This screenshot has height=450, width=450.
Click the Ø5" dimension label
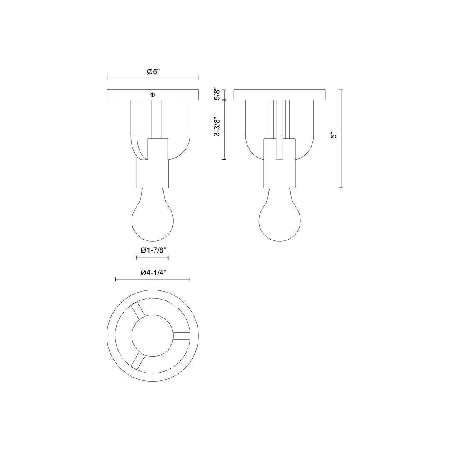click(153, 72)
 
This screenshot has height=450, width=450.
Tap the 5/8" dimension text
click(216, 94)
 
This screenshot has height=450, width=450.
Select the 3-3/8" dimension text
click(216, 126)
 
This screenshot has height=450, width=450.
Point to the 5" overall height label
click(333, 136)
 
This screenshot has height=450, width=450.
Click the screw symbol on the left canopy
click(153, 95)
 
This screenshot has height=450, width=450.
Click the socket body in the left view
click(152, 167)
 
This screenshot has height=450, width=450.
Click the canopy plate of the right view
click(280, 95)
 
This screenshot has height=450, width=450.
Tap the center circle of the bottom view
click(152, 335)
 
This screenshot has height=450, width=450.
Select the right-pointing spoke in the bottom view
click(182, 335)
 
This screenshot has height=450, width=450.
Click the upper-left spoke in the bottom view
click(138, 310)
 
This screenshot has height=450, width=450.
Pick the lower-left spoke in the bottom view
click(138, 360)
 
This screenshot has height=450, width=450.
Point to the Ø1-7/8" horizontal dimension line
click(152, 258)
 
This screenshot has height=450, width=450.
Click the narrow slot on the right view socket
click(280, 148)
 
